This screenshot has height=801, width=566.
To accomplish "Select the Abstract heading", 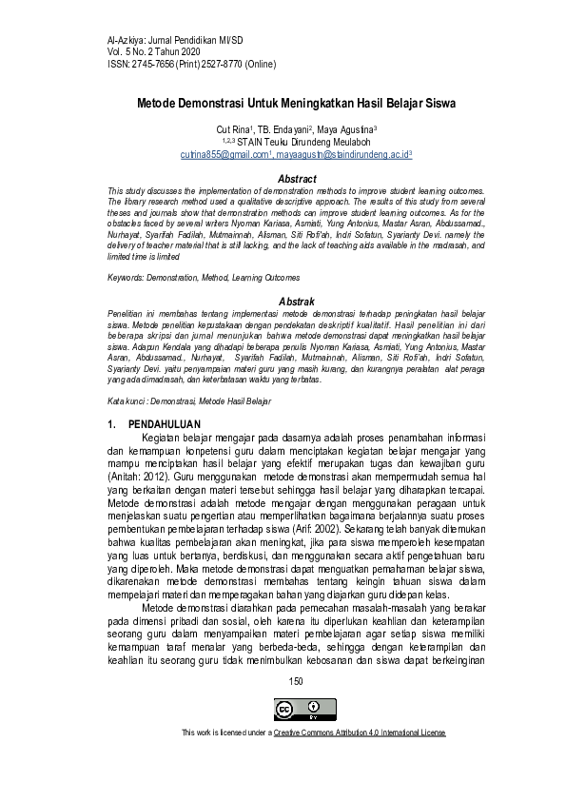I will tap(296, 179).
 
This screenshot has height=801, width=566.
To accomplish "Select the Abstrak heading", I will tap(296, 301).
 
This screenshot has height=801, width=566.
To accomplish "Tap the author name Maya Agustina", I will tap(348, 127).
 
